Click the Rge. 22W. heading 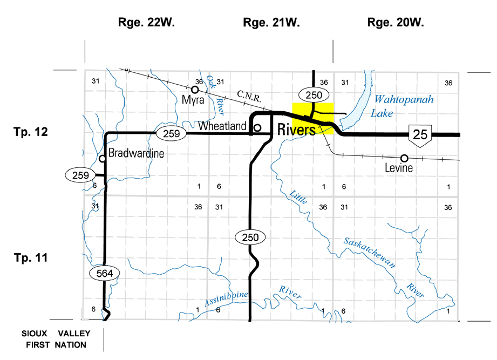point(147,23)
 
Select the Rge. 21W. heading point(271,23)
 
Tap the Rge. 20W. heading point(396,23)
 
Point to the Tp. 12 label point(32,132)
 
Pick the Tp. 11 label point(32,258)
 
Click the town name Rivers point(296,130)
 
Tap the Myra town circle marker point(195,90)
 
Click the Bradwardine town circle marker point(102,159)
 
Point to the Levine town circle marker point(404,158)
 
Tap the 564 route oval point(104,274)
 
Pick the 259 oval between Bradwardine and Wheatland point(172,133)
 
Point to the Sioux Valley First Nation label point(56,339)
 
